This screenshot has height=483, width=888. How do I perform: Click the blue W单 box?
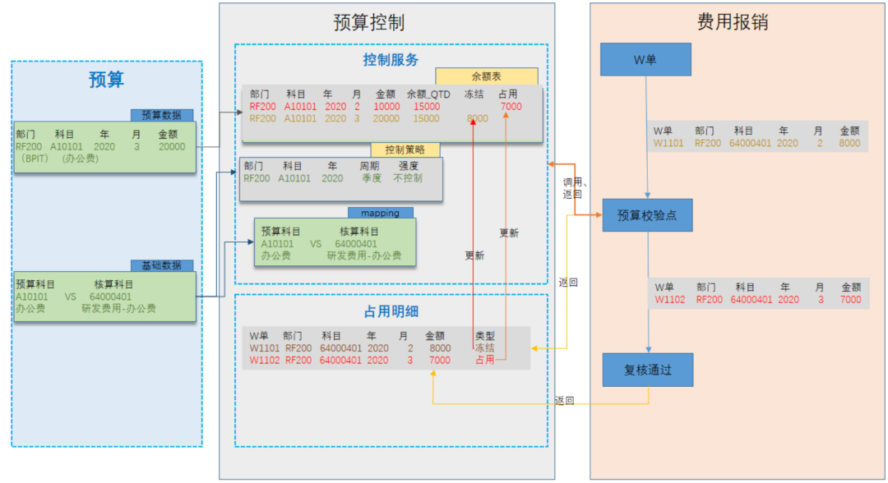(645, 60)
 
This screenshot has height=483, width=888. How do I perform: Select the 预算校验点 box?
(646, 216)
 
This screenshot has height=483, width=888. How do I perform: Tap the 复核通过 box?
(646, 370)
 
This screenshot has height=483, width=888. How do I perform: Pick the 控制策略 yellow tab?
(405, 150)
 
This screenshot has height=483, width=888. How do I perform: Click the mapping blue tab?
(380, 213)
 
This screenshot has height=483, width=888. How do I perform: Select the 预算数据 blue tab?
(162, 116)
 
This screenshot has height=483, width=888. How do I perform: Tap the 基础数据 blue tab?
(162, 265)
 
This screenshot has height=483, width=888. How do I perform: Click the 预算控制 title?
(368, 22)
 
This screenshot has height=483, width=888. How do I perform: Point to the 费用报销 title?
(732, 22)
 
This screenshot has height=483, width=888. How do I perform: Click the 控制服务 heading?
(391, 59)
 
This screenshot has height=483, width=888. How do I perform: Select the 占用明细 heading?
(391, 311)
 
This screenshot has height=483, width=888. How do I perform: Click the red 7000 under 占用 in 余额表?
(511, 107)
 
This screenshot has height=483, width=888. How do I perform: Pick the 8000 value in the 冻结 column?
(477, 118)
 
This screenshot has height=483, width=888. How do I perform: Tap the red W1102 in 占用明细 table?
(264, 360)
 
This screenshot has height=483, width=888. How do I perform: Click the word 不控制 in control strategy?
(408, 177)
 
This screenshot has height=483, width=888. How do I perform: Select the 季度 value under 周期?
(372, 177)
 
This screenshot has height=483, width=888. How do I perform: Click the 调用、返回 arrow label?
(571, 187)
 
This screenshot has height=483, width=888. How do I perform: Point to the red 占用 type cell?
(484, 360)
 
